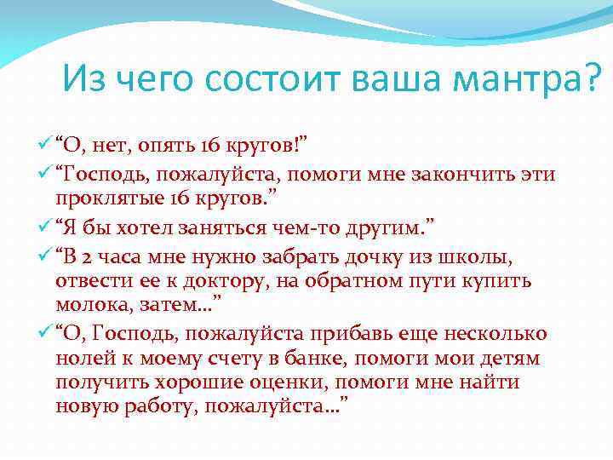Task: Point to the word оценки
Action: [x=329, y=382]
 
